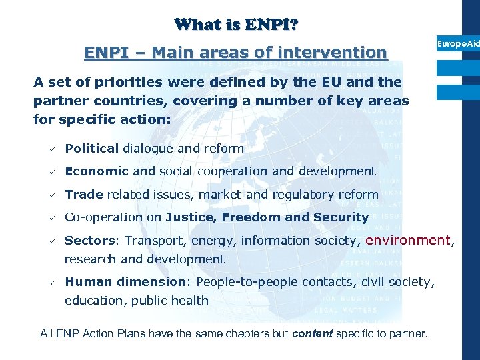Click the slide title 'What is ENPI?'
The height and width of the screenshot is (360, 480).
(x=236, y=25)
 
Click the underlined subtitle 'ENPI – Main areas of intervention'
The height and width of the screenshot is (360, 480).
(x=235, y=52)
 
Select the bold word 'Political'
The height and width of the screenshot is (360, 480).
(x=91, y=148)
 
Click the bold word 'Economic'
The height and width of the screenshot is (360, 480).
(x=96, y=171)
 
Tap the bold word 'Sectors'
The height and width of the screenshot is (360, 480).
(x=91, y=240)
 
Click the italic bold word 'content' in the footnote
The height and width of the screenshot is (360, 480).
(x=312, y=333)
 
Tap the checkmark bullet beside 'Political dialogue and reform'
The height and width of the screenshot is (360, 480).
(x=50, y=149)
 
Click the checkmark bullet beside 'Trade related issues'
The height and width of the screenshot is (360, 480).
(x=50, y=195)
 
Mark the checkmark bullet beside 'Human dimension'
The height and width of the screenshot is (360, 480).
(x=50, y=283)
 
